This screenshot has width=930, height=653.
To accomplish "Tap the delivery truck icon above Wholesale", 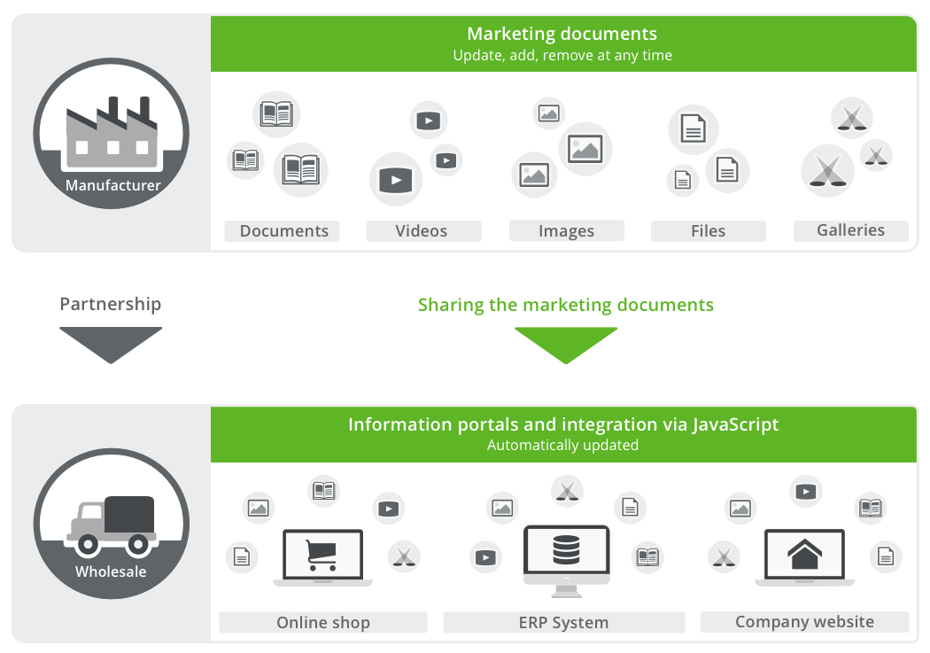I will click(112, 524).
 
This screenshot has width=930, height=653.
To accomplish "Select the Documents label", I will click(283, 231).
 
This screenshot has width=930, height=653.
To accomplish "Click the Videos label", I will click(422, 231).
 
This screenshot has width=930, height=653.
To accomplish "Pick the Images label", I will click(566, 231).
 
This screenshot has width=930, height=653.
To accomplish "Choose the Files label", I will click(708, 231).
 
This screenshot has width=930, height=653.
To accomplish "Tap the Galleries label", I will click(850, 230).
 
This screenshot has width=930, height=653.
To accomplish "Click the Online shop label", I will click(322, 622).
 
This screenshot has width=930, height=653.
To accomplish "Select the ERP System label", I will click(563, 622).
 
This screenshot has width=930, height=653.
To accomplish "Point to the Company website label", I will click(804, 621).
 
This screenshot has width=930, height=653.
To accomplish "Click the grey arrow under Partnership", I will click(111, 344).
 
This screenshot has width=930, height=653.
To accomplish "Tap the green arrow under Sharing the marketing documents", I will click(565, 345).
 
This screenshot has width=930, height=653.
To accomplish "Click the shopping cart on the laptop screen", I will click(322, 555).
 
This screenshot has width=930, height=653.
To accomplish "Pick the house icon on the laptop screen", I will click(804, 555).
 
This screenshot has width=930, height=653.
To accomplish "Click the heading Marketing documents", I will click(562, 35).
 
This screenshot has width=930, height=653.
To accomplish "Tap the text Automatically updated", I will click(562, 446).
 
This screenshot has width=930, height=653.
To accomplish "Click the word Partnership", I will click(111, 304).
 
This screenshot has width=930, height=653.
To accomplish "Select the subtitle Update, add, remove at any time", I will click(562, 56).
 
